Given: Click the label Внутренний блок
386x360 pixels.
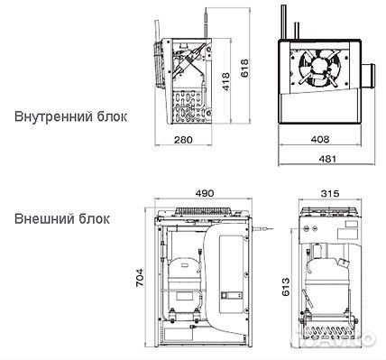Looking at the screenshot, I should pos(71,116).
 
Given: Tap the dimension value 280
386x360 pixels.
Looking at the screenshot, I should pos(184,140).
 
